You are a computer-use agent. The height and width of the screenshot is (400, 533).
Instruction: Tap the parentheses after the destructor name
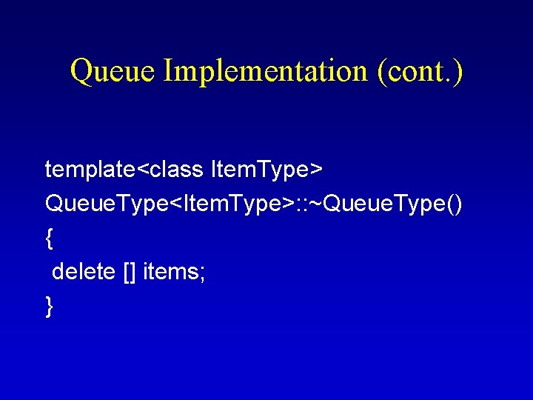[x=453, y=204]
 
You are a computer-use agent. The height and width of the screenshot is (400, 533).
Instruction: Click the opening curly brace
[x=49, y=238]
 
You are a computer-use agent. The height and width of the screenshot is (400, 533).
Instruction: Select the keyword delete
[x=84, y=272]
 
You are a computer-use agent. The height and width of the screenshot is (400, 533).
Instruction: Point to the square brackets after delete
[x=130, y=273]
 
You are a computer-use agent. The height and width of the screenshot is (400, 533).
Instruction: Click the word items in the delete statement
[x=171, y=272]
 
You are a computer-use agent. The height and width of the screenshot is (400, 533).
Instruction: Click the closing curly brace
[x=49, y=305]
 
